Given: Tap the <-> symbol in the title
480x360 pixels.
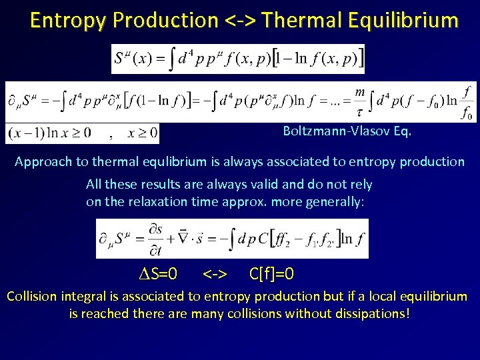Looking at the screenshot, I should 241,21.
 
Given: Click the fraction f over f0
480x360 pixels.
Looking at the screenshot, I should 466,103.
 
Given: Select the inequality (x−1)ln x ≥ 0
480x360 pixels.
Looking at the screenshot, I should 51,133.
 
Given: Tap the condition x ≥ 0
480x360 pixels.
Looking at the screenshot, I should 141,133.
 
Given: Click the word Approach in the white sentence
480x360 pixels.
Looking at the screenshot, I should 41,162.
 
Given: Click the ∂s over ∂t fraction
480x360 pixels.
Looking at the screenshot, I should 156,239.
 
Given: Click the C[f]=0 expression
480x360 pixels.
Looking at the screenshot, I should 271,274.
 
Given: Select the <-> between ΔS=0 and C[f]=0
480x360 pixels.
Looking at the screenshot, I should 215,274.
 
